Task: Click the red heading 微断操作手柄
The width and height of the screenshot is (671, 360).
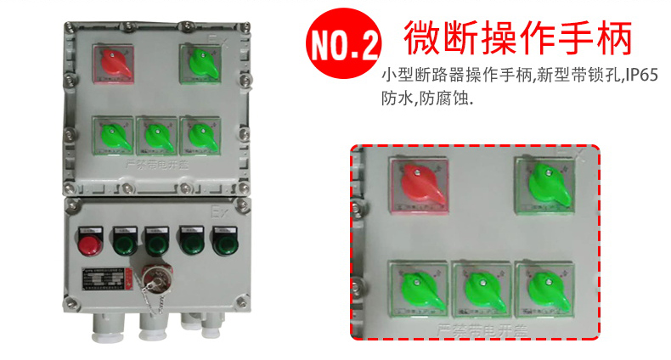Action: [518, 37]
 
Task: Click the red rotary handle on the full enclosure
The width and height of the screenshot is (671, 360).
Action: [113, 63]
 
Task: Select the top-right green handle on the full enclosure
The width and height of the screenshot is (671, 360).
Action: [200, 61]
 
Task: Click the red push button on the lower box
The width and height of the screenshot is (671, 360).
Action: [88, 245]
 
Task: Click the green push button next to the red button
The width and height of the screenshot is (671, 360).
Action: [124, 245]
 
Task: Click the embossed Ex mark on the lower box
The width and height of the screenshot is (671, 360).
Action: [218, 209]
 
